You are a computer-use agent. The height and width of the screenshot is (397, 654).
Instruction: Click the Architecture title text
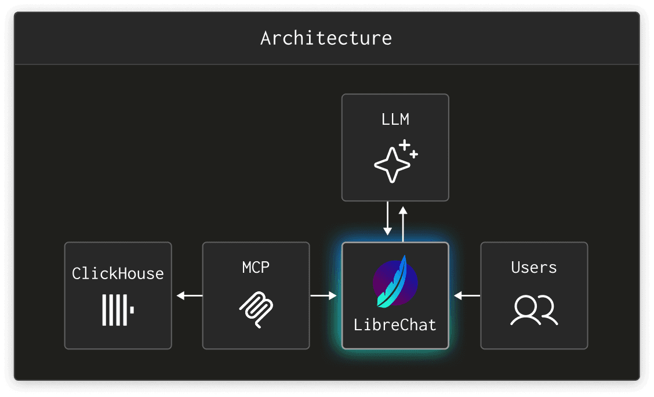[x=326, y=38]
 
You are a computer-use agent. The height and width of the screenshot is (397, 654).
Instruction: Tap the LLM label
[x=395, y=120]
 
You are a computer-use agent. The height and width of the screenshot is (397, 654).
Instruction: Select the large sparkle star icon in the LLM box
[x=392, y=165]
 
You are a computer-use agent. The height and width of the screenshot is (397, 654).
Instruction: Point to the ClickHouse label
[x=118, y=273]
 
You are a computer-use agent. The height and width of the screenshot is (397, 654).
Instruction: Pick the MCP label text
[x=256, y=267]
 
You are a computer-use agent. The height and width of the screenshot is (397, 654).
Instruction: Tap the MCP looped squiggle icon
[x=256, y=309]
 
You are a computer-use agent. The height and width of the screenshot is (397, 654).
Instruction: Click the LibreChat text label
[x=395, y=324]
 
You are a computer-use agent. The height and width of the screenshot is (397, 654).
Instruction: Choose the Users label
[x=534, y=267]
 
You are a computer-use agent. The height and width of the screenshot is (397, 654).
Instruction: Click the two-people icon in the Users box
[x=534, y=310]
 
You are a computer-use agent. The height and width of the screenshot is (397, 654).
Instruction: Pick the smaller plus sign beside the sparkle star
[x=414, y=154]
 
